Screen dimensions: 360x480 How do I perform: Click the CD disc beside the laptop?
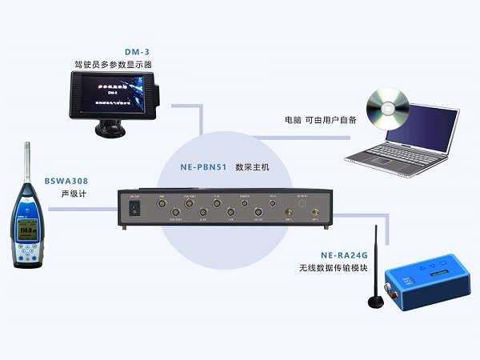[x=382, y=110]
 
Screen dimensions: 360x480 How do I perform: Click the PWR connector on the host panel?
[x=162, y=203]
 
